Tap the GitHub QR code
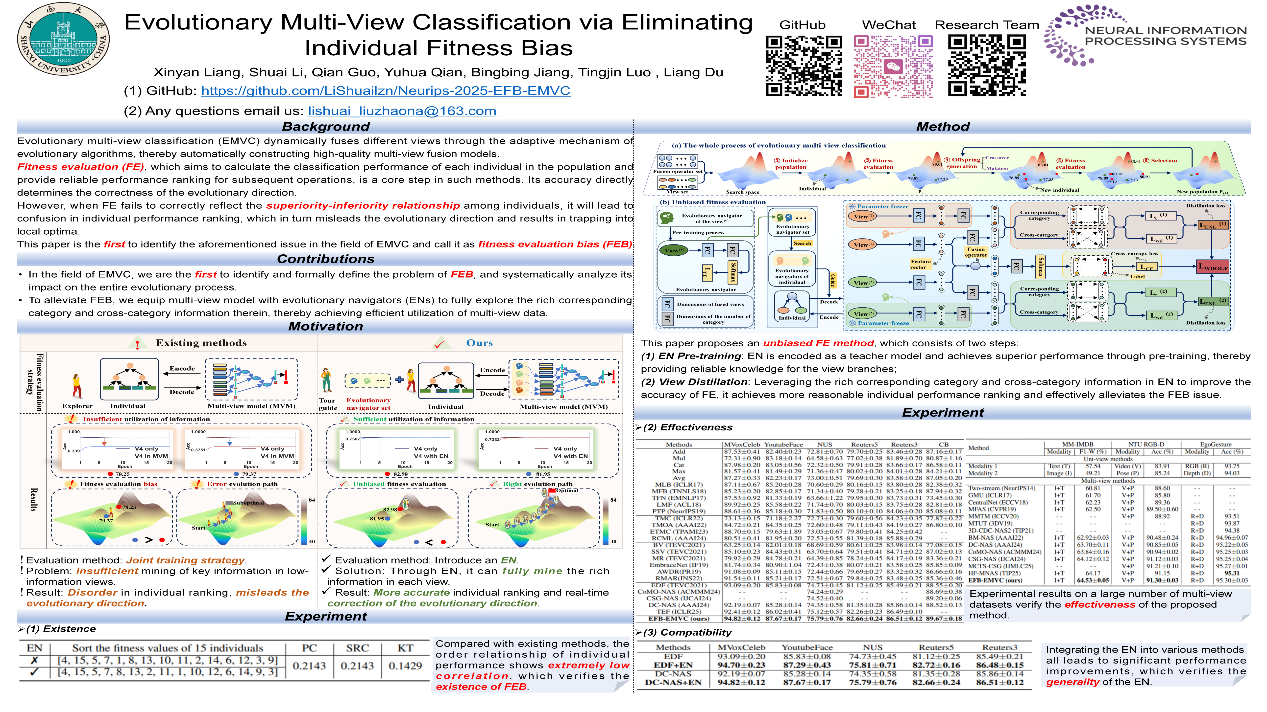804,65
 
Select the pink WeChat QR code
893,65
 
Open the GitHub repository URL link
386,91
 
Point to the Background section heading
326,127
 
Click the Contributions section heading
326,259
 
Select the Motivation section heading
326,326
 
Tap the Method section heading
942,127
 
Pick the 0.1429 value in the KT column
405,666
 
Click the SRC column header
357,648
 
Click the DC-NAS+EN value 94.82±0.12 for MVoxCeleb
741,683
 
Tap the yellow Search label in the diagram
802,243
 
